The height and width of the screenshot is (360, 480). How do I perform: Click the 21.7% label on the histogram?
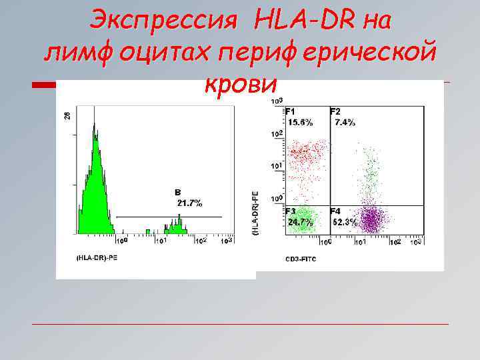(189, 202)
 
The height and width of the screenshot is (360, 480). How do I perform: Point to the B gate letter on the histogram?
(178, 192)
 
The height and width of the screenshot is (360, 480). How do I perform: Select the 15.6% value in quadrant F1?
(300, 122)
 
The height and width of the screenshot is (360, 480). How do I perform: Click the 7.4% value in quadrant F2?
(345, 122)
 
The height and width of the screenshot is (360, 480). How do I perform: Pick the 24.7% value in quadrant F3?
(300, 222)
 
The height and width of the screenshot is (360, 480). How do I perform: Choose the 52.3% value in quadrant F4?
(345, 222)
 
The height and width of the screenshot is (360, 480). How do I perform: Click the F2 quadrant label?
(335, 111)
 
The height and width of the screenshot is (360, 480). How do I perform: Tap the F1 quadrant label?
(291, 111)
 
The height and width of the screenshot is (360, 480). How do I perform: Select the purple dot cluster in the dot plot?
(374, 219)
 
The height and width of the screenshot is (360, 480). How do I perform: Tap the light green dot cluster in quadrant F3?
(304, 220)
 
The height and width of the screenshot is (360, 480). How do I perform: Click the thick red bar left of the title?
(45, 85)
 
